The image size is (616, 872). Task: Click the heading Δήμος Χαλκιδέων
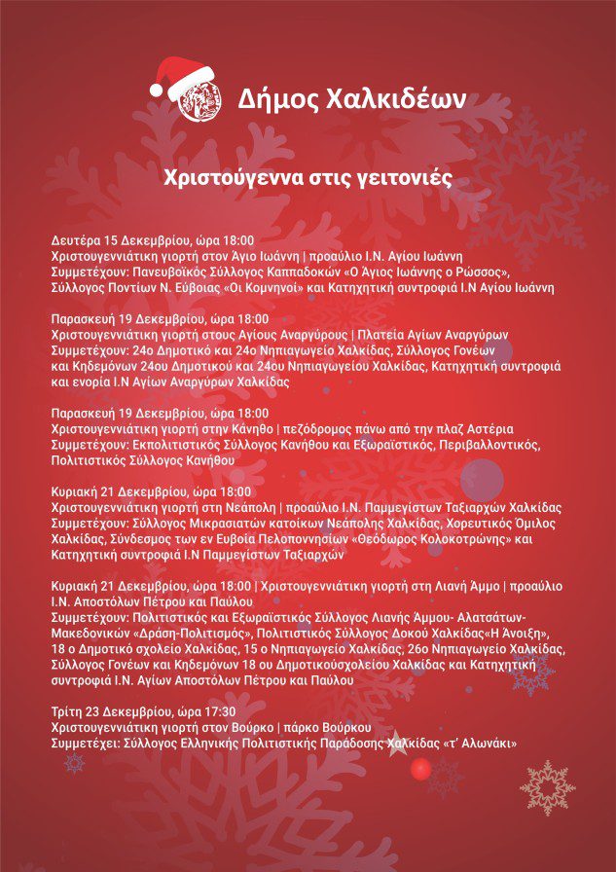pos(352,98)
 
